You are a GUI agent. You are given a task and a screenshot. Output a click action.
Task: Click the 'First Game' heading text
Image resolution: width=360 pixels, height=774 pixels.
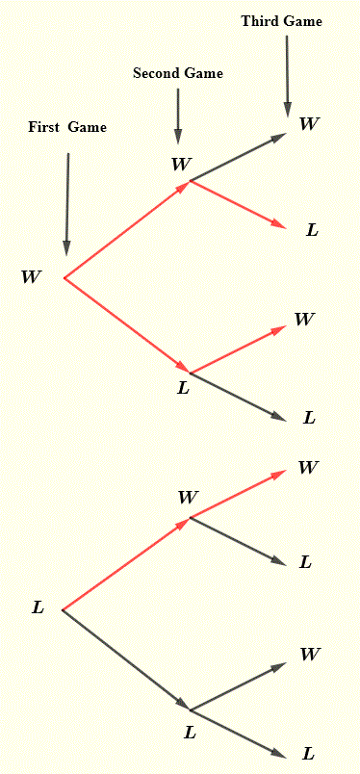point(67,127)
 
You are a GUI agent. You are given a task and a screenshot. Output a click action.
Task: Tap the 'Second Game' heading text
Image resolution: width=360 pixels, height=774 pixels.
point(177,73)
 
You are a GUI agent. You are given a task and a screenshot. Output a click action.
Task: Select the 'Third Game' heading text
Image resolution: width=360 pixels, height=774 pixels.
point(281,20)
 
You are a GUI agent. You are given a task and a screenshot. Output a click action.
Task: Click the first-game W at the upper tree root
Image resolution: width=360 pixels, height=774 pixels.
point(31,277)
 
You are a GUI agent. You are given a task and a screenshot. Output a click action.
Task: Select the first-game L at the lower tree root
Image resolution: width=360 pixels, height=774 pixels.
point(38,607)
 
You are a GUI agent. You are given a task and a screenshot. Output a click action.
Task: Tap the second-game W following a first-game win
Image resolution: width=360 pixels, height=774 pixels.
point(180,165)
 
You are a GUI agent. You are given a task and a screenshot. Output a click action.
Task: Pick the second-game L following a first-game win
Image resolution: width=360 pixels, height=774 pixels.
point(183,388)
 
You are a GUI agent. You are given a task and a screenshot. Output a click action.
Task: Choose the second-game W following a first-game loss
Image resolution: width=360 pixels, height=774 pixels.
point(188,498)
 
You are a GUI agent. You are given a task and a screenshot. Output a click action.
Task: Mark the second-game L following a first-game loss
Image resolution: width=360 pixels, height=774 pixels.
point(190,733)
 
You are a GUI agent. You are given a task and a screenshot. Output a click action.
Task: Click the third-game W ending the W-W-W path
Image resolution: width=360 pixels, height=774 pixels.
point(309,123)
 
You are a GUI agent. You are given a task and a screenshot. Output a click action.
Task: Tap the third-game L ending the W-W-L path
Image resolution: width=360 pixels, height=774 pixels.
point(312,230)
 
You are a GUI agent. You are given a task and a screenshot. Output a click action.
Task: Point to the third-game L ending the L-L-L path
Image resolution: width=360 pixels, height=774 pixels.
point(308,754)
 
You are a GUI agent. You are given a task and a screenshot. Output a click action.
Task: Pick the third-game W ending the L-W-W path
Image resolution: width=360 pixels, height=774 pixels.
point(308,468)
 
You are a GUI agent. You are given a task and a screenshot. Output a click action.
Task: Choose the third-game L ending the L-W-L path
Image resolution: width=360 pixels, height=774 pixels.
point(305,562)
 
